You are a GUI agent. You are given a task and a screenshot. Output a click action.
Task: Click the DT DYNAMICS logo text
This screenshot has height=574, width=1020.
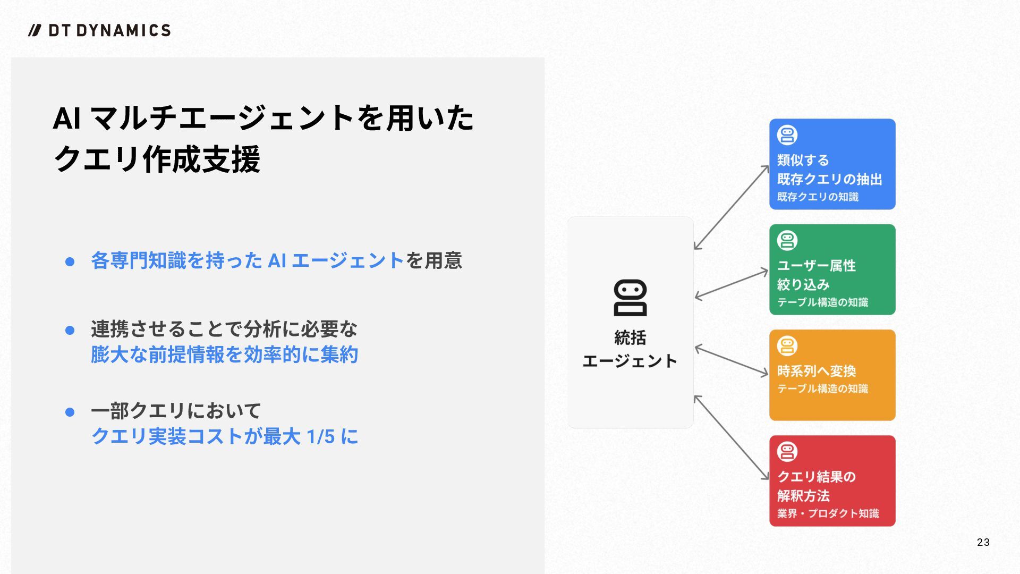tap(109, 30)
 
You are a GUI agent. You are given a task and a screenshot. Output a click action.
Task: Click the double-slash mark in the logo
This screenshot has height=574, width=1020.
tap(35, 30)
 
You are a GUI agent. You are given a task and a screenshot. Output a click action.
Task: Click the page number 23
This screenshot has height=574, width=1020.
tap(983, 542)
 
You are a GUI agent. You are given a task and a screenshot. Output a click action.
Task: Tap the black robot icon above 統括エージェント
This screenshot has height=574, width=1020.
tap(630, 298)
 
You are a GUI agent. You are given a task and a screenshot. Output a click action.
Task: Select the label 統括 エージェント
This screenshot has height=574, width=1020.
tap(630, 349)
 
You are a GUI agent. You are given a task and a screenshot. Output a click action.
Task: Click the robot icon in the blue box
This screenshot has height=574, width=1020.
tap(787, 135)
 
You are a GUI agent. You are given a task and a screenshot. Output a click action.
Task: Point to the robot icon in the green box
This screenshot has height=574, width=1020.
tap(787, 240)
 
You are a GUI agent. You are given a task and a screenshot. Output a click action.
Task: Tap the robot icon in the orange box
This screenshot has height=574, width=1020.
tap(787, 346)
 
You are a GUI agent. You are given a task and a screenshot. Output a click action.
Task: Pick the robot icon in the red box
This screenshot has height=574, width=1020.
tap(787, 452)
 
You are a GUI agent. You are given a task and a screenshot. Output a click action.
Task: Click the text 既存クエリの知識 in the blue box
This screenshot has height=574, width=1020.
tap(818, 197)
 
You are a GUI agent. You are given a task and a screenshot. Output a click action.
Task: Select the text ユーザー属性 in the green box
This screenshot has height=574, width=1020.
tap(817, 265)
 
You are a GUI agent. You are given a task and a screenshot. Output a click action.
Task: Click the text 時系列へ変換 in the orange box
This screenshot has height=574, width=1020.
tap(817, 370)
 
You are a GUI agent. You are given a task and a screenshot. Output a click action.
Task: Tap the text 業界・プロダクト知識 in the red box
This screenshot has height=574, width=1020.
tap(828, 513)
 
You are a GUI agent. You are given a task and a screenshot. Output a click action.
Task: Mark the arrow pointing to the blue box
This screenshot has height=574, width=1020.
tap(732, 207)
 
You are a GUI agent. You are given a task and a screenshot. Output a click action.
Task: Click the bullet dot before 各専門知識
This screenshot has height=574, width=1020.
tap(70, 261)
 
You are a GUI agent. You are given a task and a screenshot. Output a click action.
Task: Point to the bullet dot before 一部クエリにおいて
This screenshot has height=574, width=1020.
tap(70, 412)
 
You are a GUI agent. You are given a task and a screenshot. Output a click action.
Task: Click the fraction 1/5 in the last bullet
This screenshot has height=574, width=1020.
tap(321, 437)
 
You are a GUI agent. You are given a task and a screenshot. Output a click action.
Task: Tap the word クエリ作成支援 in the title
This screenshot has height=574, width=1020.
tap(157, 159)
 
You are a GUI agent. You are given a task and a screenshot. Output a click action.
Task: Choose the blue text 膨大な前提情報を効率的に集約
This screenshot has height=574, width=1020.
tap(224, 354)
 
